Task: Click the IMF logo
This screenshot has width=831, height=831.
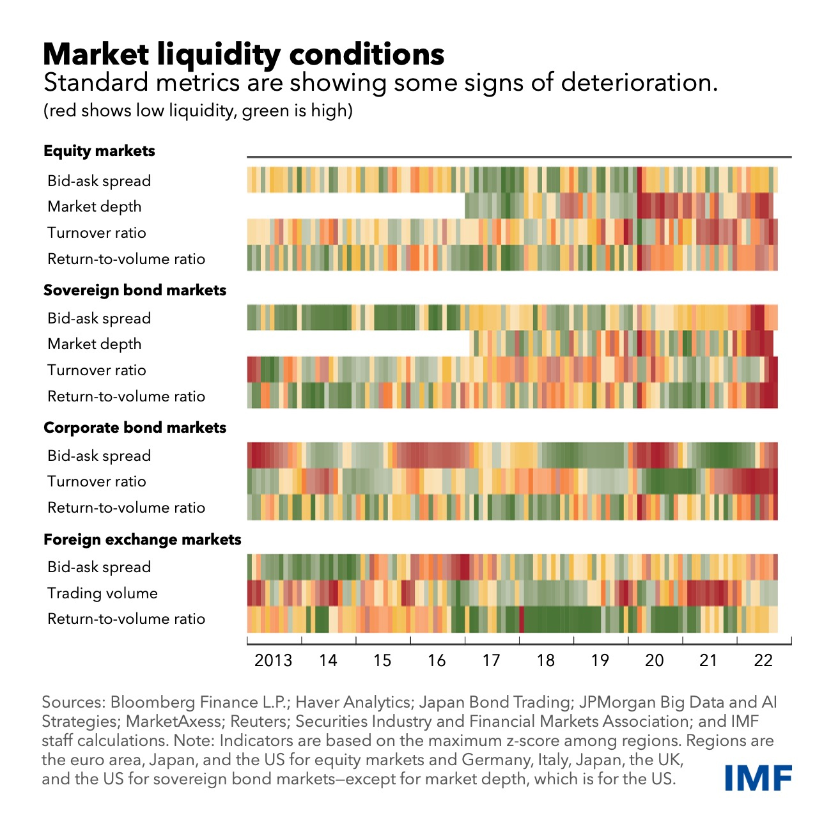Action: pos(758,777)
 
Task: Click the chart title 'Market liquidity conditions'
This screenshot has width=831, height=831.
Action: pos(243,54)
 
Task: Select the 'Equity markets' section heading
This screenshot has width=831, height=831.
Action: pos(99,151)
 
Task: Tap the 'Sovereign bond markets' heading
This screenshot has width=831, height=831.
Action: pos(135,290)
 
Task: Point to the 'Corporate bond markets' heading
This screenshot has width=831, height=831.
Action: pos(135,428)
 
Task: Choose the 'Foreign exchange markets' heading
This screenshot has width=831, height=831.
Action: pos(143,540)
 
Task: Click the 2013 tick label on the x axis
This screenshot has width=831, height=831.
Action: pos(273,660)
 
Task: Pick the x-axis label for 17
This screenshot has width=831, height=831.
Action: pos(491,660)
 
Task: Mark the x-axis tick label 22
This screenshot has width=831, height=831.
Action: pos(763,660)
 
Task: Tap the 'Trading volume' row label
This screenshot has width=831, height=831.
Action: pos(102,593)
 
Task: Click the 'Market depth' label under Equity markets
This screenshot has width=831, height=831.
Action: pos(95,206)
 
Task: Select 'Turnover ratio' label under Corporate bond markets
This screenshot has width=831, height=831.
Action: pos(97,481)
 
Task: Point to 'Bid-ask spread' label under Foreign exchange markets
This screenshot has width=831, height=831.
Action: pos(99,567)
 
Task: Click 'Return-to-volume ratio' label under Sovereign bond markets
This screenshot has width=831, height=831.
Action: pos(126,396)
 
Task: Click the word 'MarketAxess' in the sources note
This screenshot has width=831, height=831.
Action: pos(175,722)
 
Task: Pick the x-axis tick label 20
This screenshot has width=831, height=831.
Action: pos(654,660)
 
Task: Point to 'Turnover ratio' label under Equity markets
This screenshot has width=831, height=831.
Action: pos(97,233)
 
